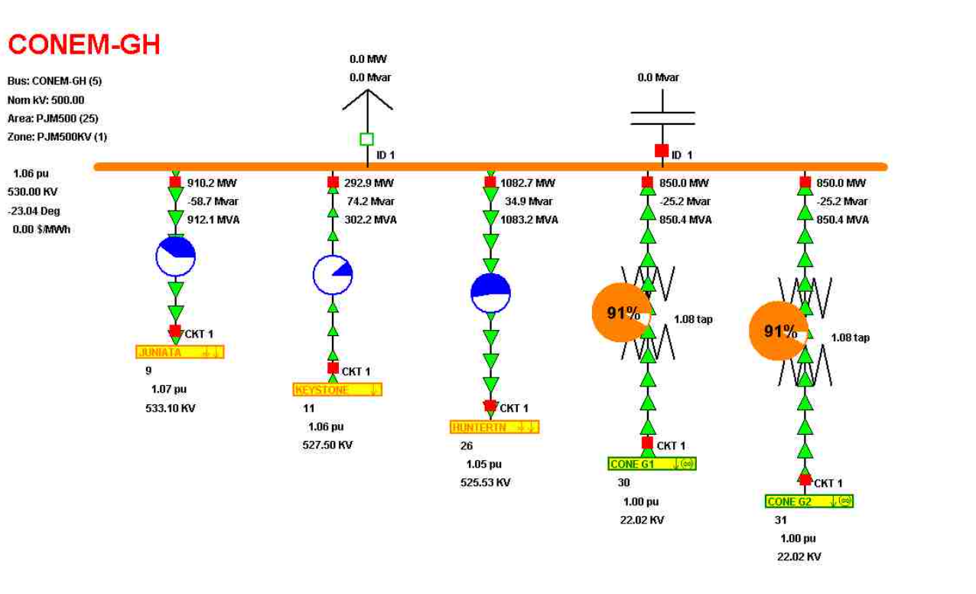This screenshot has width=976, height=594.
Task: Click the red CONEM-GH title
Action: tap(84, 45)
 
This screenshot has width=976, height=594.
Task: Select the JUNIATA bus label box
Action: tap(180, 352)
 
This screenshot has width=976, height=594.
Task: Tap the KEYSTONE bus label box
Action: tap(337, 390)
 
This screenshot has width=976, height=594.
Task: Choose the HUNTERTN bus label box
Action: tap(495, 427)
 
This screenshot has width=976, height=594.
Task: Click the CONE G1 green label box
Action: tap(652, 464)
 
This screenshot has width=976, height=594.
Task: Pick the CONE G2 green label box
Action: tap(809, 501)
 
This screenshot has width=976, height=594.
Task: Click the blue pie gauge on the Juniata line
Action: tap(176, 256)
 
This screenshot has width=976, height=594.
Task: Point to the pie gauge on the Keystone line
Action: tap(333, 275)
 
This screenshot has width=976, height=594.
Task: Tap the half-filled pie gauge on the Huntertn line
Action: tap(490, 293)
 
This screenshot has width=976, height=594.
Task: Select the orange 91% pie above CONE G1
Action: tap(620, 312)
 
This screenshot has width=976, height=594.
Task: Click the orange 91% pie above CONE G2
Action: tap(777, 331)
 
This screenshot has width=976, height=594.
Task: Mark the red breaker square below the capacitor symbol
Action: tap(662, 151)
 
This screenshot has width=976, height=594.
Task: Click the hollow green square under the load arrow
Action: tap(367, 139)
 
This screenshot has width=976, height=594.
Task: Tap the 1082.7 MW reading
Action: tap(528, 183)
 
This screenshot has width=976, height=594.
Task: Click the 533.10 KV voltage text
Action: tap(171, 409)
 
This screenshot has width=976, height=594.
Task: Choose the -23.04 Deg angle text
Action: tap(34, 211)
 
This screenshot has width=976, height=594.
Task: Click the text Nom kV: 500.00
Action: tap(46, 100)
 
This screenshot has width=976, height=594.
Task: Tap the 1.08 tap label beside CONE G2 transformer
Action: tap(850, 338)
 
